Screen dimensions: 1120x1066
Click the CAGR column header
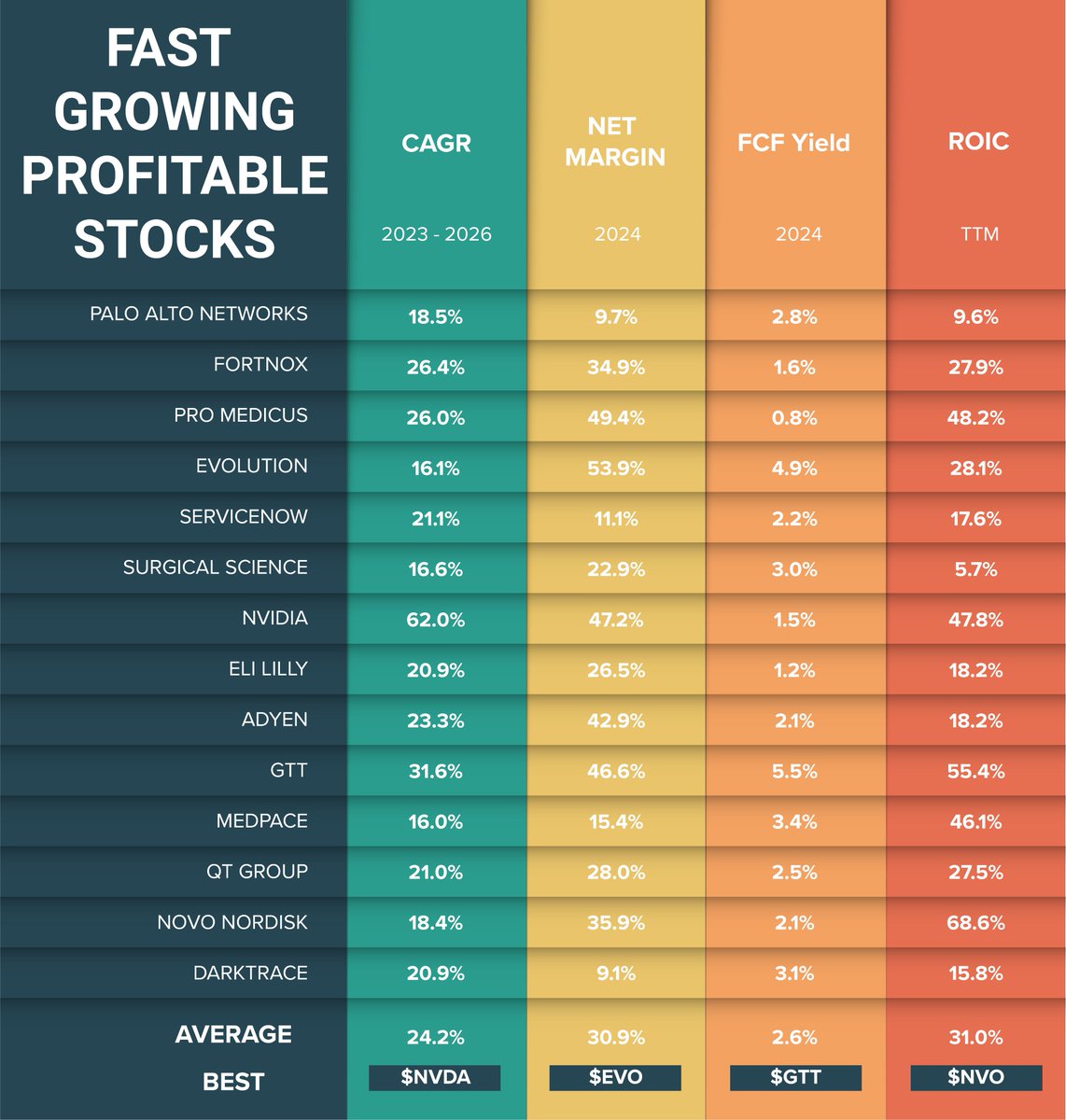436,143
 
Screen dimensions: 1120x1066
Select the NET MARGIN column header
614,142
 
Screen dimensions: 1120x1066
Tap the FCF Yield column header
793,143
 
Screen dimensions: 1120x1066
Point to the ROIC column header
977,141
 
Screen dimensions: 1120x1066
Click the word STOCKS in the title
175,238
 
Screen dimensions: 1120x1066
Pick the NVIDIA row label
274,618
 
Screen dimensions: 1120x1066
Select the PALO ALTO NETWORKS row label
198,314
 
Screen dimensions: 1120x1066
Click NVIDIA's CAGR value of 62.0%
435,620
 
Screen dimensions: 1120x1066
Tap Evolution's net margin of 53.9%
615,469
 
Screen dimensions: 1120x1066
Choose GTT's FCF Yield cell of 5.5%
794,772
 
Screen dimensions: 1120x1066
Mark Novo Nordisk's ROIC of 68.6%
975,923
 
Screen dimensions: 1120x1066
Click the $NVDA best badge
435,1077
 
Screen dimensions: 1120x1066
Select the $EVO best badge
615,1077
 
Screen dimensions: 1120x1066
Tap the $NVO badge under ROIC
975,1077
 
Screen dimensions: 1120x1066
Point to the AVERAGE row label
233,1034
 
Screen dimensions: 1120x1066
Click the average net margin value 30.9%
615,1037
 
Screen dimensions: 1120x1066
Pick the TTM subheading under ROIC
978,233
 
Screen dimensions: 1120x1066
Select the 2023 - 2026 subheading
436,233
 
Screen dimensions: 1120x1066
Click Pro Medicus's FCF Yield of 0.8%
794,418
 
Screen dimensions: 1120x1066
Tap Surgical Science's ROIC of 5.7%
975,569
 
